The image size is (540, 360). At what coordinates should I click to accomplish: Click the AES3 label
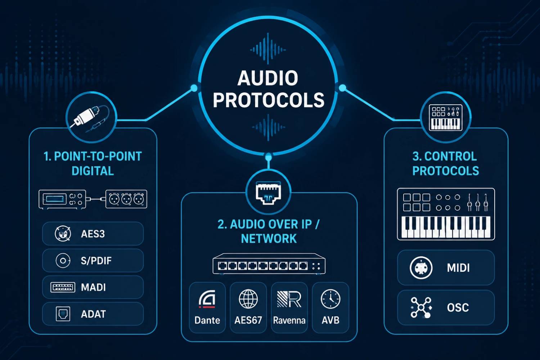[93, 234]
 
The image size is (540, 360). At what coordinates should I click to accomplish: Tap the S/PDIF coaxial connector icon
[63, 261]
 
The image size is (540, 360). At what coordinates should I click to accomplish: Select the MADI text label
[93, 287]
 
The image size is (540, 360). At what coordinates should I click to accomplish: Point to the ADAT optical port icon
[63, 314]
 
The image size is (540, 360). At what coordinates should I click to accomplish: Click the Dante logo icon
[207, 300]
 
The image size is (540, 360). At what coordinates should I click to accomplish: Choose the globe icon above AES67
[248, 299]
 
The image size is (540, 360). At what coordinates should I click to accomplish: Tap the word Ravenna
[289, 320]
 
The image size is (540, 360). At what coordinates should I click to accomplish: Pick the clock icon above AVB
[330, 299]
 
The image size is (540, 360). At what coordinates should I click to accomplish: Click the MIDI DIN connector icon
[421, 268]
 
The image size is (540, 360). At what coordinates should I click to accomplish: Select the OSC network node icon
[421, 307]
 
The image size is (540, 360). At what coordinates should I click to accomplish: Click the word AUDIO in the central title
[268, 78]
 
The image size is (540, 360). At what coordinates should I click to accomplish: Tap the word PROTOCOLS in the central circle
[269, 100]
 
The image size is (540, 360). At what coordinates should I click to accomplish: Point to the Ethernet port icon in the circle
[268, 193]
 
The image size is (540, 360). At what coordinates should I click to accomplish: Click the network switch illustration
[269, 264]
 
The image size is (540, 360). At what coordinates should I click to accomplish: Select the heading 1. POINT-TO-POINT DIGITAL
[93, 163]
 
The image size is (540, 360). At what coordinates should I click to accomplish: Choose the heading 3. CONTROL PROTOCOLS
[446, 163]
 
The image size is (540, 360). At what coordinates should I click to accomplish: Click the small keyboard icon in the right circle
[446, 117]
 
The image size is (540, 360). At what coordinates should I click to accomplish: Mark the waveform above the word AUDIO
[268, 49]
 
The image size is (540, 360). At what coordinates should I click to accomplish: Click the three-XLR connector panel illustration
[126, 199]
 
